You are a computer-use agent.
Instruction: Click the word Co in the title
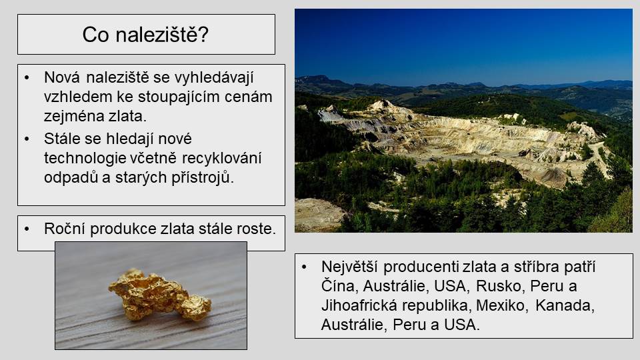tap(96, 34)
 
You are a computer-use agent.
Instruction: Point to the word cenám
tap(248, 97)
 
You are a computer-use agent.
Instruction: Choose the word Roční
tap(65, 229)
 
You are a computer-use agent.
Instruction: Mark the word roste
tap(256, 229)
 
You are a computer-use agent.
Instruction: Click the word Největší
tap(350, 267)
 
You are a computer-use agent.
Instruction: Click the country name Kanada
tap(565, 305)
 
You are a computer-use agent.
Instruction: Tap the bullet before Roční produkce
tap(27, 229)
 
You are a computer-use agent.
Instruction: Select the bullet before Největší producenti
tap(304, 267)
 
